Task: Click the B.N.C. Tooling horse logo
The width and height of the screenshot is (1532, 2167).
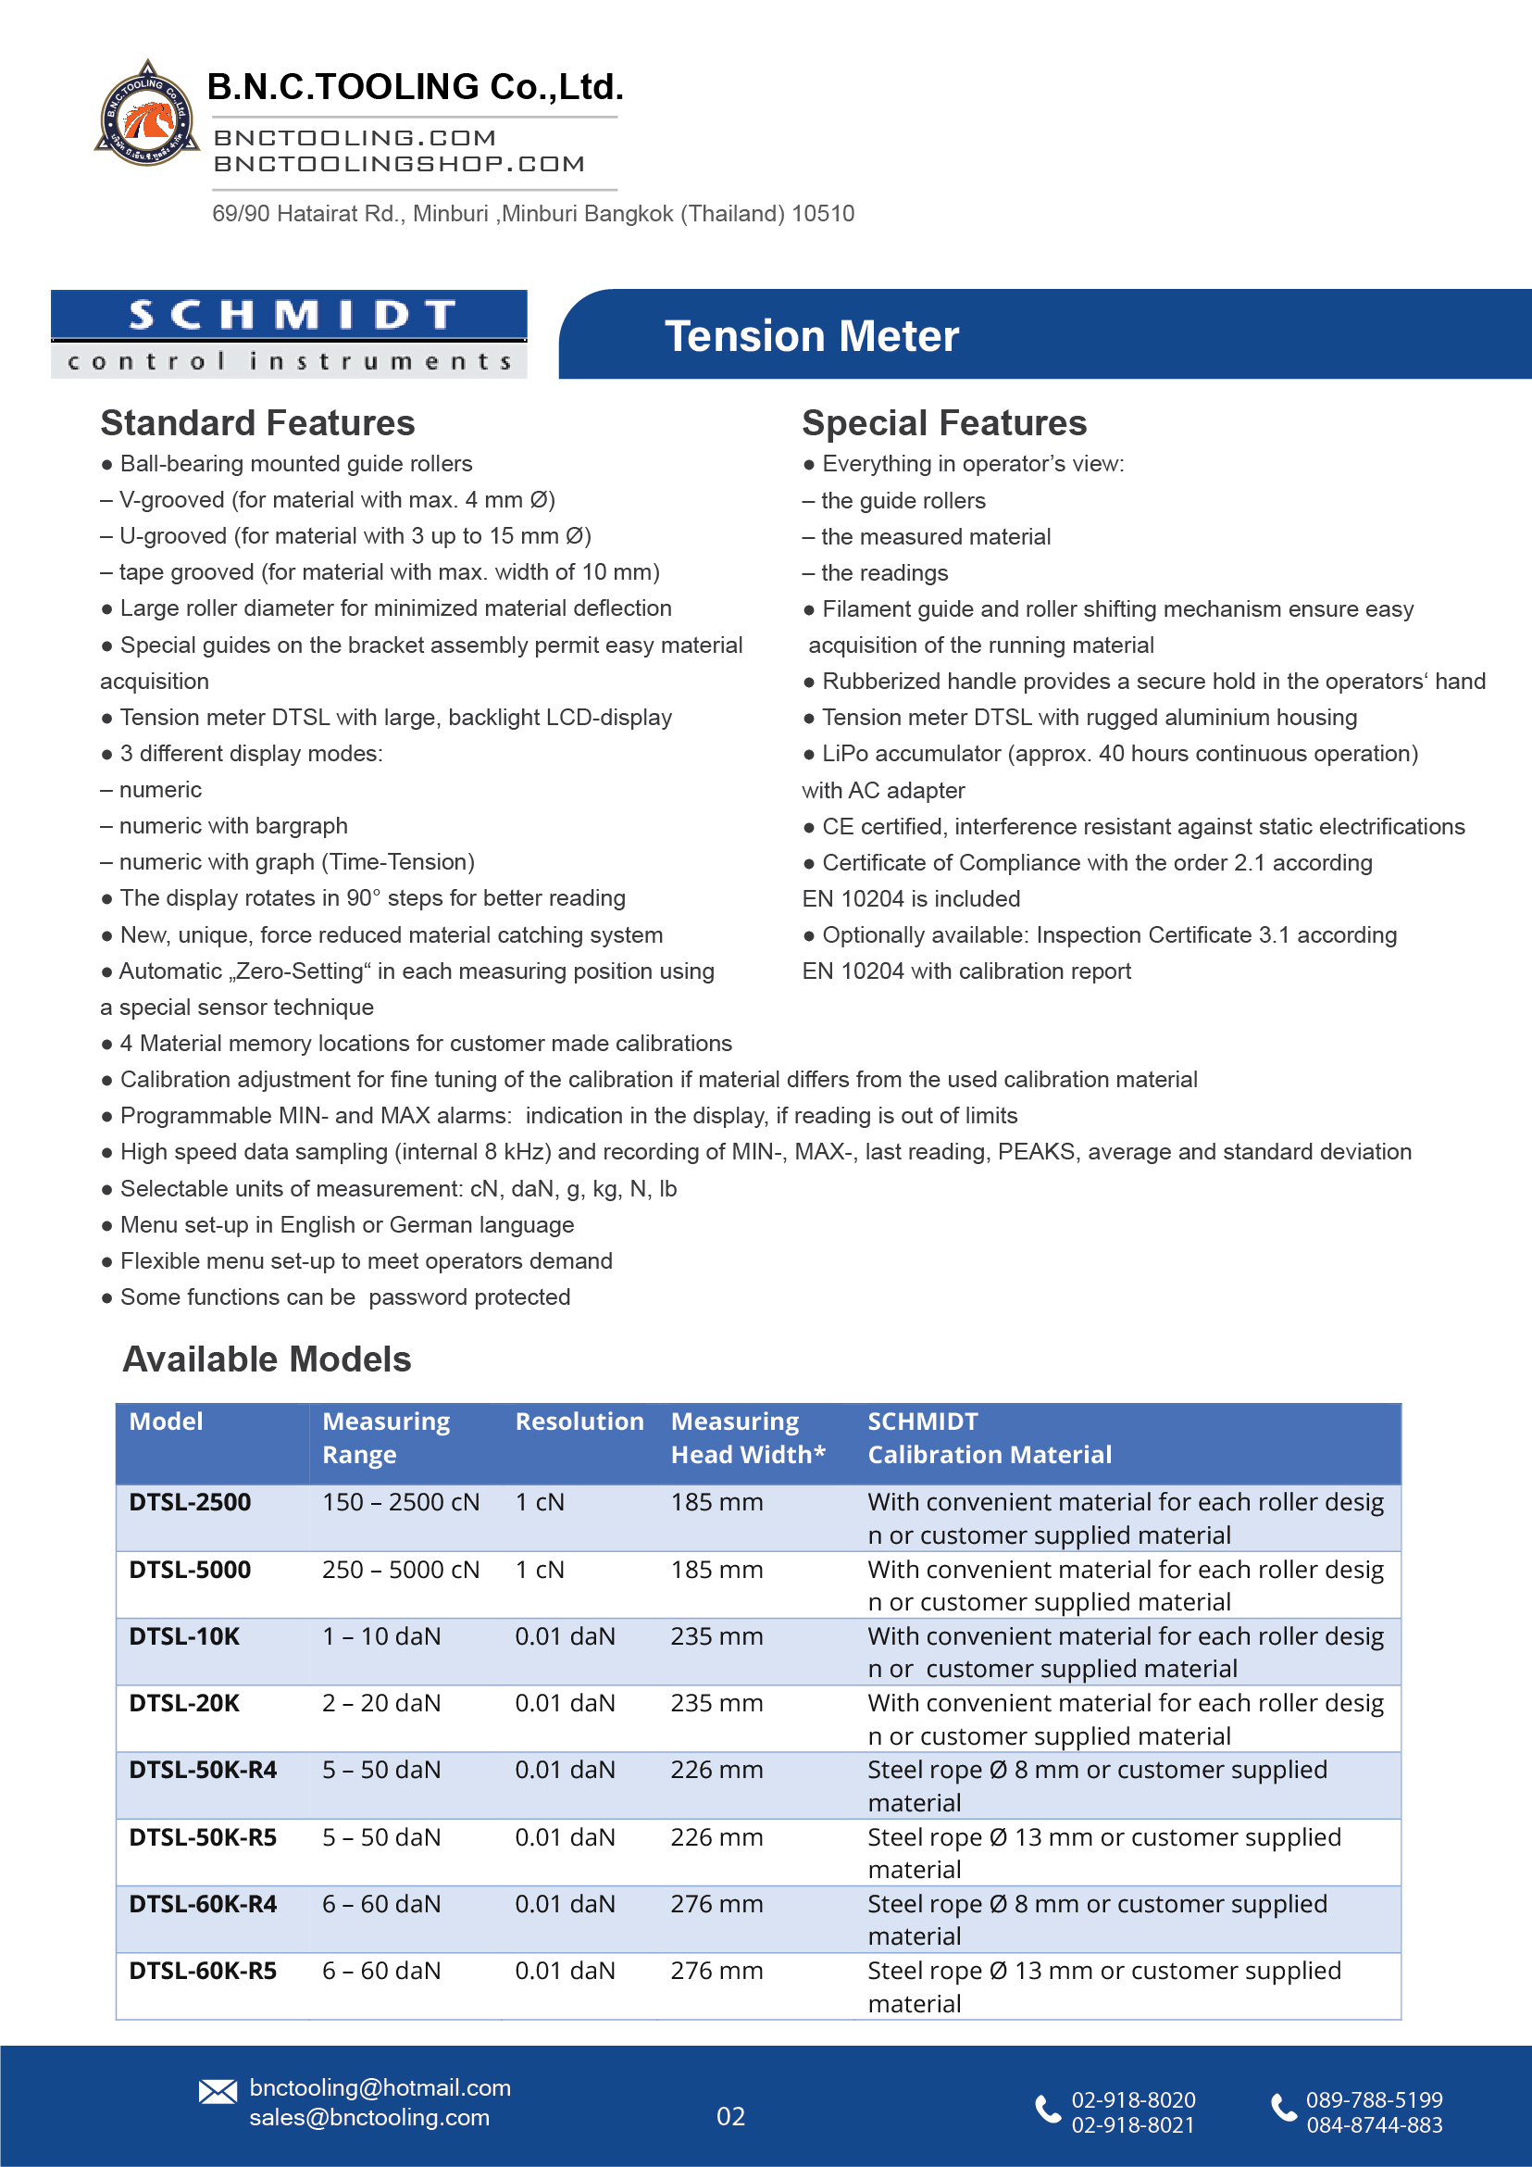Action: (147, 115)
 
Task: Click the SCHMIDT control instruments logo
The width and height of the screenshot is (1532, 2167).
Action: (289, 334)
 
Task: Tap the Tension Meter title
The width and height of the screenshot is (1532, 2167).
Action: (811, 336)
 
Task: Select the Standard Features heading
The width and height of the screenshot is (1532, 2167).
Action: (257, 423)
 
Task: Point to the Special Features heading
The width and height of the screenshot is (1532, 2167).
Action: (943, 423)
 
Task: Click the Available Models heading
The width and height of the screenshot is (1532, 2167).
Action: (267, 1359)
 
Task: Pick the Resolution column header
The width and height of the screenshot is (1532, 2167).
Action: (579, 1422)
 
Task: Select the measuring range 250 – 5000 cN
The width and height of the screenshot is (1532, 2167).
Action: (401, 1570)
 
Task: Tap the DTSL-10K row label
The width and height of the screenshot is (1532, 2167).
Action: (185, 1636)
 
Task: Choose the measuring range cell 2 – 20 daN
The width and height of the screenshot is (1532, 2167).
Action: (381, 1703)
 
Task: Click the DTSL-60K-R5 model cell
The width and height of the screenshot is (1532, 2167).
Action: (203, 1971)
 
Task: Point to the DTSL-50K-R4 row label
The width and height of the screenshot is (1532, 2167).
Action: (203, 1770)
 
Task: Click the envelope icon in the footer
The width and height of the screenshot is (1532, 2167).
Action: (218, 2091)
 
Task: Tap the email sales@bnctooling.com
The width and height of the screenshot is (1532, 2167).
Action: (368, 2117)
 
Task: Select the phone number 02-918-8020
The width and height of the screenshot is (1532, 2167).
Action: (1133, 2100)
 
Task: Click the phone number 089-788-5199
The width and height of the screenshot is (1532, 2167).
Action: (1374, 2100)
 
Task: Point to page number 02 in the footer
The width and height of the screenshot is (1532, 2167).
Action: (731, 2116)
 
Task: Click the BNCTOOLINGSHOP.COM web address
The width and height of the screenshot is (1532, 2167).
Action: (399, 164)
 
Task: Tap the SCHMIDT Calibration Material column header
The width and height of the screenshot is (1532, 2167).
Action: (989, 1437)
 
